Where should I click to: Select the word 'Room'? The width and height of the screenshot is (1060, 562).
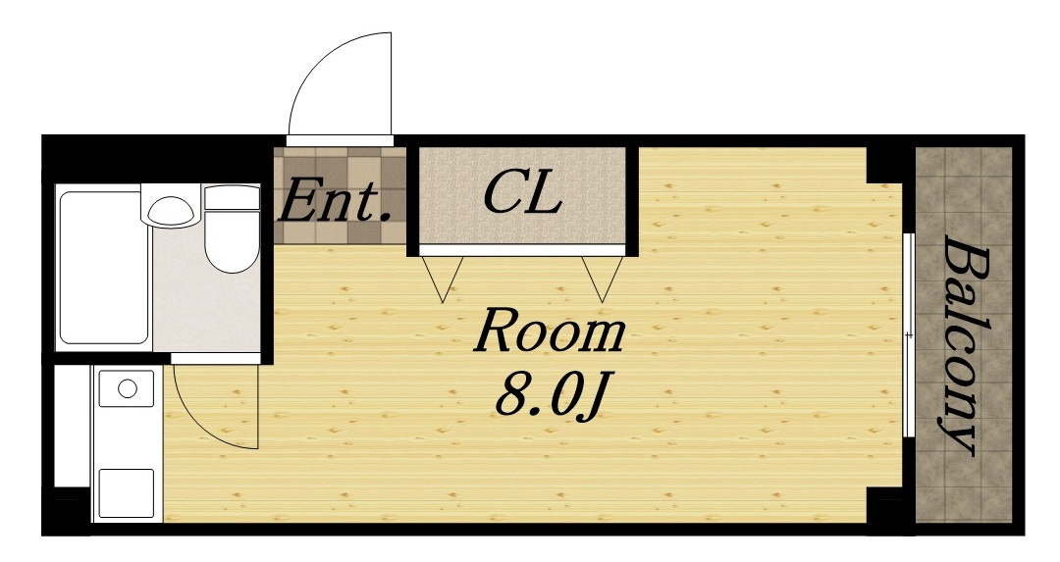[x=549, y=331]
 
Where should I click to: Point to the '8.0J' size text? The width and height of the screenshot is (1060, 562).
[x=551, y=395]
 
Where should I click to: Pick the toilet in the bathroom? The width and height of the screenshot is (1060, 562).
[x=232, y=230]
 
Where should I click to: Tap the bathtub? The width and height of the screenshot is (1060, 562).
[x=103, y=268]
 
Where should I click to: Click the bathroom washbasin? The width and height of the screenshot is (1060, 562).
[x=171, y=210]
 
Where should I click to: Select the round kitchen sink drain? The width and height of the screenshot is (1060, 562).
[x=127, y=388]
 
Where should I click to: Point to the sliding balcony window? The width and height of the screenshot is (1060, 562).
[x=909, y=335]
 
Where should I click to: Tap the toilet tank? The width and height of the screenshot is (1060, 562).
[x=232, y=197]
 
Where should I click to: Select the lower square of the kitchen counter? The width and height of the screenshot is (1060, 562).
[x=127, y=493]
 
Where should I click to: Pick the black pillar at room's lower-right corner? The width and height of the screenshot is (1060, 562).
[x=884, y=504]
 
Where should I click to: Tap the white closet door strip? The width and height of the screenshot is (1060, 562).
[x=521, y=250]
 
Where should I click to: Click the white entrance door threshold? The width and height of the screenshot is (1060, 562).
[x=340, y=140]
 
